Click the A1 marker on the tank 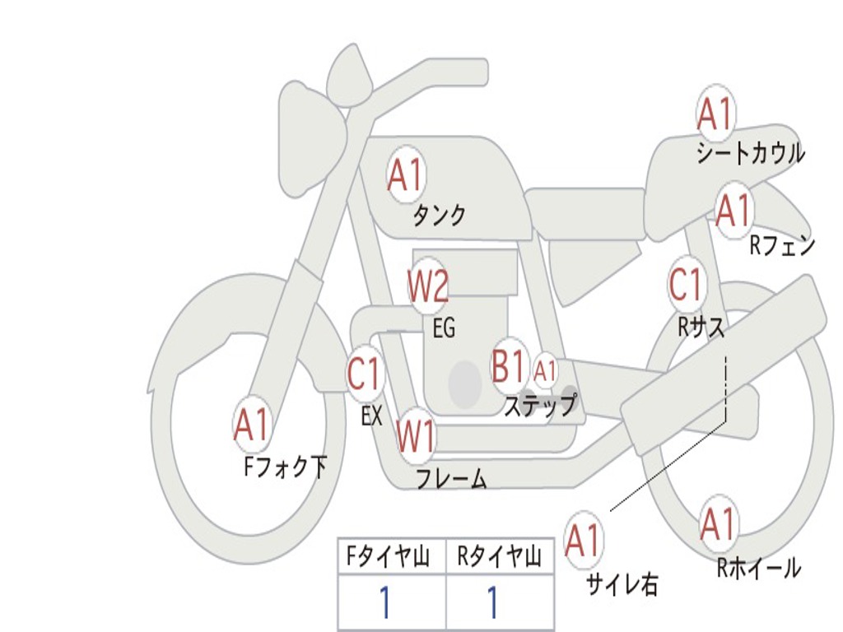pyautogui.click(x=405, y=175)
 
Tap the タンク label pyautogui.click(x=440, y=216)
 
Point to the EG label pyautogui.click(x=444, y=328)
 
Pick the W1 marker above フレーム pyautogui.click(x=416, y=436)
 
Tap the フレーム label pyautogui.click(x=451, y=479)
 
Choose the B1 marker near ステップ pyautogui.click(x=510, y=366)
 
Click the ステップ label pyautogui.click(x=539, y=407)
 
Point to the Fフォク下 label pyautogui.click(x=285, y=467)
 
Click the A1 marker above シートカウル pyautogui.click(x=715, y=115)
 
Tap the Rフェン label pyautogui.click(x=781, y=245)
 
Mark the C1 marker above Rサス pyautogui.click(x=686, y=285)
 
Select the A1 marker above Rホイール pyautogui.click(x=718, y=525)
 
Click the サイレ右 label pyautogui.click(x=622, y=584)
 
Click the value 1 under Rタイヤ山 pyautogui.click(x=493, y=603)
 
